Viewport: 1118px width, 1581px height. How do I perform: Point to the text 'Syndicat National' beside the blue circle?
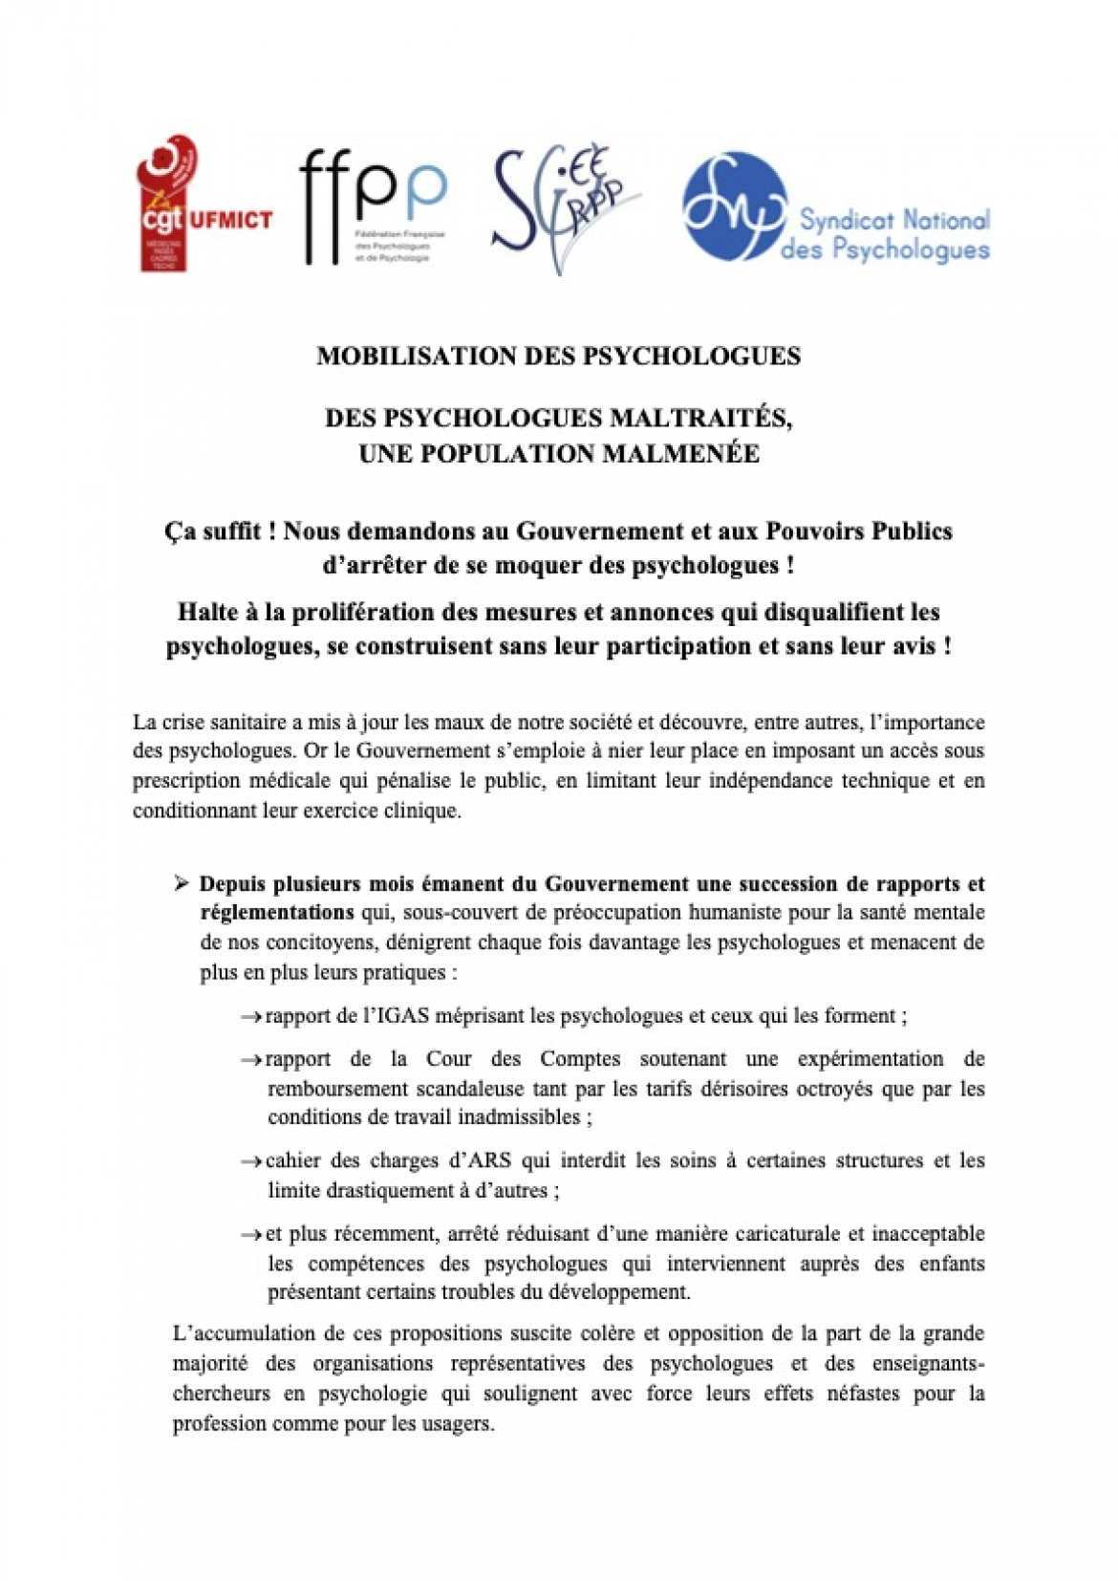tap(893, 220)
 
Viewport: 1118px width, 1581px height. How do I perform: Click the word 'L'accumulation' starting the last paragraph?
tap(226, 1333)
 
